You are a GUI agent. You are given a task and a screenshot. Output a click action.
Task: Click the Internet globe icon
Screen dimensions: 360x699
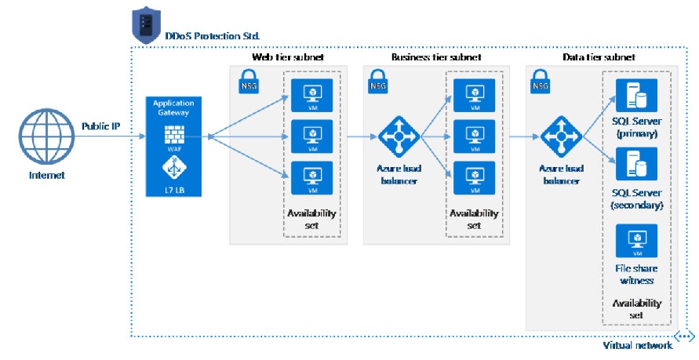44,136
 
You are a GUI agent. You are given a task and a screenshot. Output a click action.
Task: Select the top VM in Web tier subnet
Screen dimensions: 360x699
311,95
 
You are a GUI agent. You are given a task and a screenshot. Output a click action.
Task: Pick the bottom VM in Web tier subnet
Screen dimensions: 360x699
311,176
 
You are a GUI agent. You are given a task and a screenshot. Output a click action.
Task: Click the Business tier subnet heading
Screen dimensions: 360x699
435,58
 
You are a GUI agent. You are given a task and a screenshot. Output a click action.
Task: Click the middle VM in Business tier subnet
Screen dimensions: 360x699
475,136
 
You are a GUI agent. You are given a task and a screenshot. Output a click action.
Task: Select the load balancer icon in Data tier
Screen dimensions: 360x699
560,137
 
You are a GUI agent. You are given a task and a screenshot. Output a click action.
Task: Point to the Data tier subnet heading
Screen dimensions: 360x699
599,58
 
